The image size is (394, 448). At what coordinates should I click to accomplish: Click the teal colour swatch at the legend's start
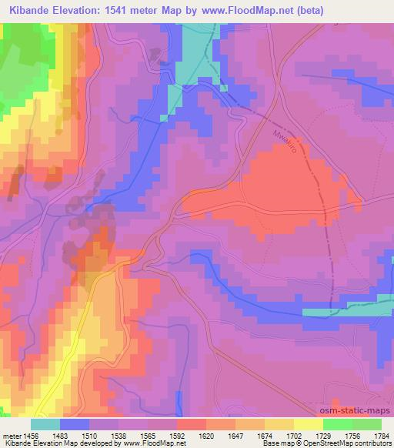tap(45, 423)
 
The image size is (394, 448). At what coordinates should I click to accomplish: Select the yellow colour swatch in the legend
tap(308, 423)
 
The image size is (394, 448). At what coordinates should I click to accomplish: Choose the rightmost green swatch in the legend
tap(366, 423)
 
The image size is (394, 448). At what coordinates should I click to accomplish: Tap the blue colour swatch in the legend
tap(75, 423)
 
